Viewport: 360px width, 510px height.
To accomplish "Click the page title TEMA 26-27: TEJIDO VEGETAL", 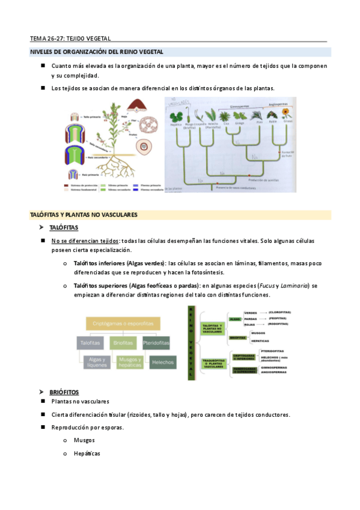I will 70,38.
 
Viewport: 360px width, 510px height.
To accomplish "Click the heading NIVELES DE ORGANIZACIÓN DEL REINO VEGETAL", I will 96,52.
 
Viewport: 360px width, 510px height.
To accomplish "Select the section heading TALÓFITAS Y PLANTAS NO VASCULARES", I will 84,214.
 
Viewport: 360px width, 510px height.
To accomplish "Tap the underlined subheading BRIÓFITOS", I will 64,392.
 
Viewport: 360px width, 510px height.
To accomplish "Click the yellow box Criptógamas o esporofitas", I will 123,324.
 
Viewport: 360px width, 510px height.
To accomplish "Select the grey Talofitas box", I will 91,343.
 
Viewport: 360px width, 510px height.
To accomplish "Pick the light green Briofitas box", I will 123,343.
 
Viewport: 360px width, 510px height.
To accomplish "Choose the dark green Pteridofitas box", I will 156,343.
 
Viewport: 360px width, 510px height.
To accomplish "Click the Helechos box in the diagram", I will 163,362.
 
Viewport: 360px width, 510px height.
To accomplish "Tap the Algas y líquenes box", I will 91,362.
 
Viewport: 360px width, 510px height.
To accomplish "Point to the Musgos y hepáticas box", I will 129,362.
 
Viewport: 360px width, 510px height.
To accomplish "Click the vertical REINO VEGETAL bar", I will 191,342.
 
